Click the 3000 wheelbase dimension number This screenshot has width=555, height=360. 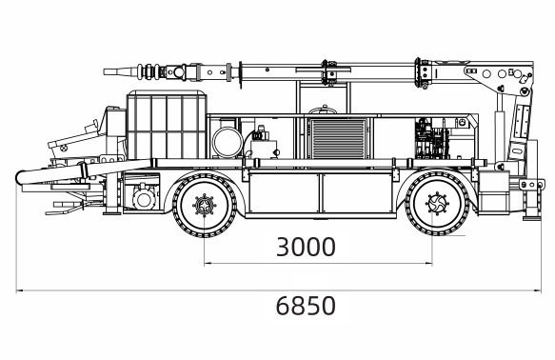(306, 247)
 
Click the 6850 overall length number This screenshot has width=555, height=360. (306, 306)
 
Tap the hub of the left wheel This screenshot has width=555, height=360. (205, 205)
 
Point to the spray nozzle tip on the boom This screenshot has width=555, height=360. (105, 71)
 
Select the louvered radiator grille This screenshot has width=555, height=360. (338, 138)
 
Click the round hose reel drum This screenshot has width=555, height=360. (228, 142)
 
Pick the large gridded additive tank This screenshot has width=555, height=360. (167, 125)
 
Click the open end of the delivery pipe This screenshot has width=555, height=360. (19, 177)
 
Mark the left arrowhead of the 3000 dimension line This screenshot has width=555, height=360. (207, 264)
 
